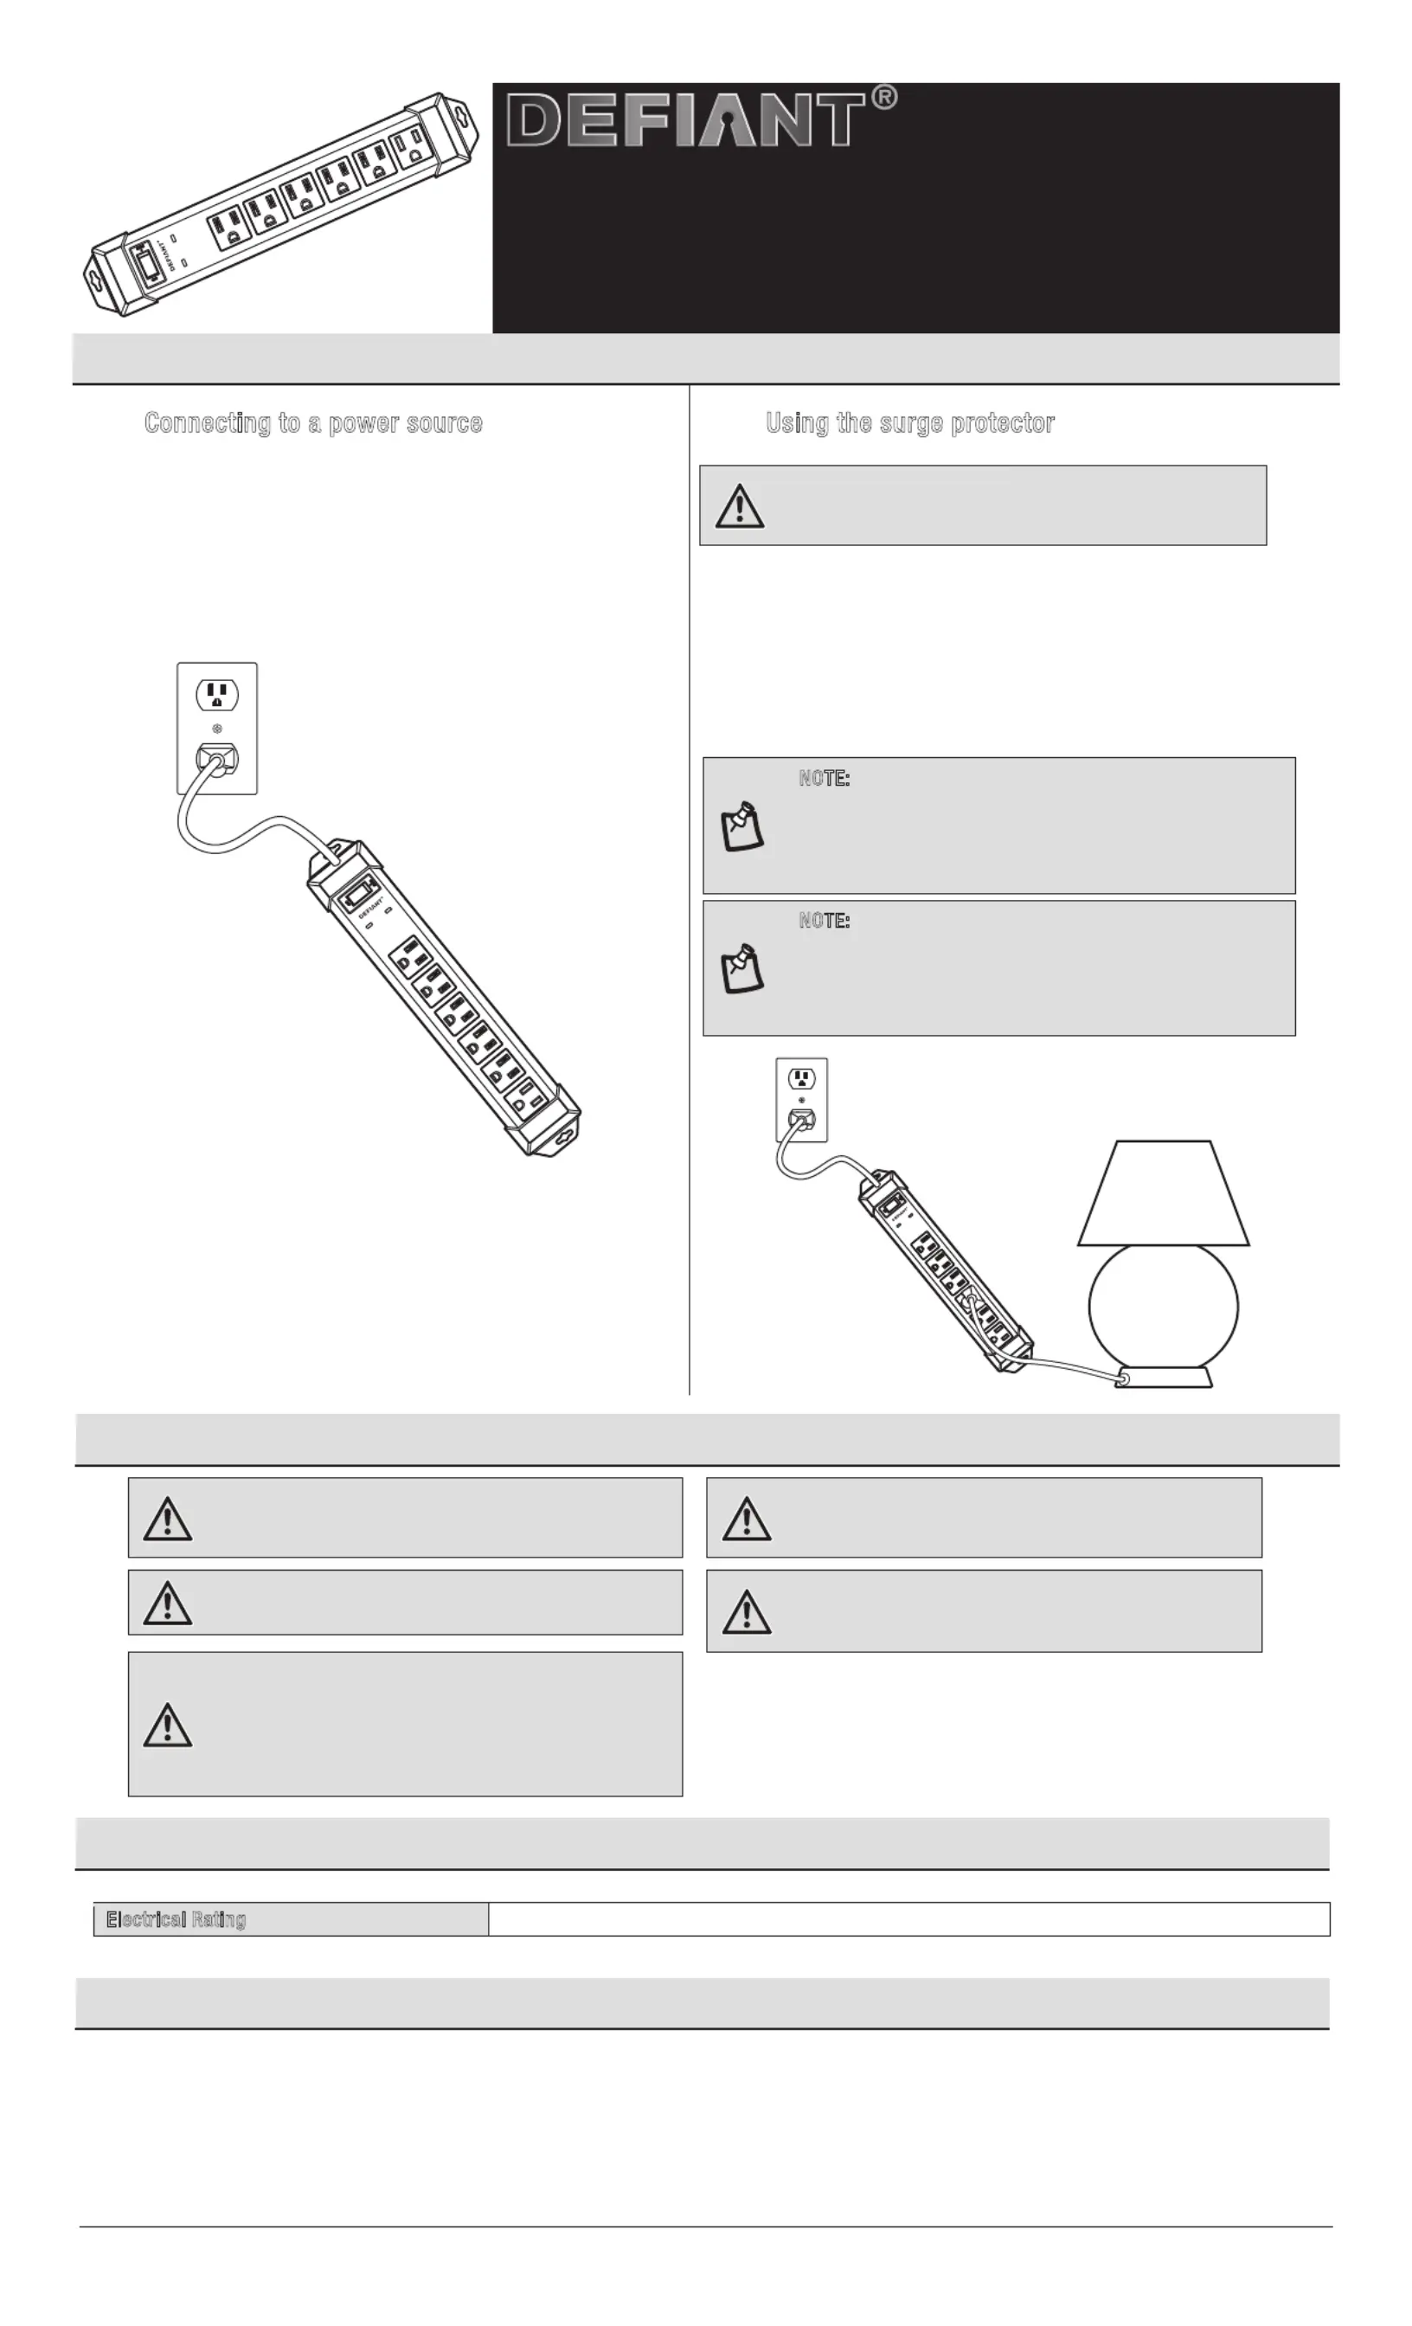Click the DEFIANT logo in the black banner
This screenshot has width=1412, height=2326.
pos(685,120)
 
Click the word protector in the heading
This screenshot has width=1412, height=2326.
pos(1003,423)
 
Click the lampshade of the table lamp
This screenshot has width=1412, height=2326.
pos(1163,1193)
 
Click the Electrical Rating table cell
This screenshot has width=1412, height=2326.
pos(291,1919)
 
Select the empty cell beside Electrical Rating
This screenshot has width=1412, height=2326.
pos(908,1919)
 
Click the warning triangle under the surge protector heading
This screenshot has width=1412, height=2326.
pos(739,506)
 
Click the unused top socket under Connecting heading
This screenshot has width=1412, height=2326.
pos(217,696)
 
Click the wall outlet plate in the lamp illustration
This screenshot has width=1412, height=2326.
pos(801,1099)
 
